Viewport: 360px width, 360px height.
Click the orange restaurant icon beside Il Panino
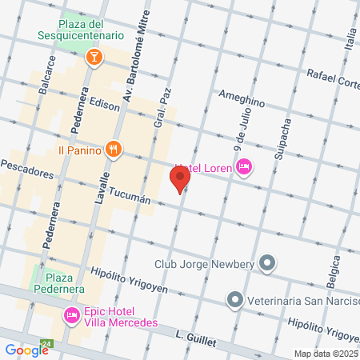pyautogui.click(x=114, y=149)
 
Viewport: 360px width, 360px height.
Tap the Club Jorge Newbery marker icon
pyautogui.click(x=267, y=263)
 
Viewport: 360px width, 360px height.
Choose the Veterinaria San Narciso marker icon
pyautogui.click(x=234, y=301)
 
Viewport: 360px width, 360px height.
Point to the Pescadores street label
pyautogui.click(x=28, y=171)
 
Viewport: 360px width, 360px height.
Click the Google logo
pyautogui.click(x=26, y=350)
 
